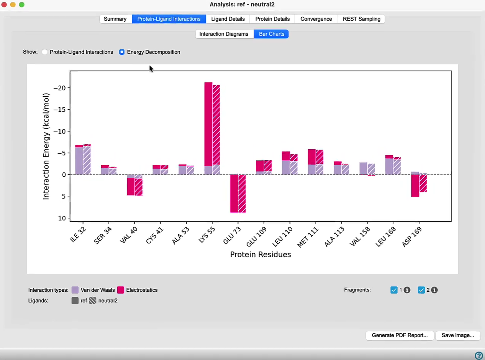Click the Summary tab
click(115, 19)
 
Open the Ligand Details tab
click(228, 19)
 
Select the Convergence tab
click(316, 19)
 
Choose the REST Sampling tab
click(362, 19)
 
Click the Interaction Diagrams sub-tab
click(224, 34)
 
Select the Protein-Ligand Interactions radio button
click(44, 52)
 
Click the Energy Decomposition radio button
click(122, 52)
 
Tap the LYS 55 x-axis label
click(206, 235)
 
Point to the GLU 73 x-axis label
click(232, 235)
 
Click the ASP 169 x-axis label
click(412, 237)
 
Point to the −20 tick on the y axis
click(59, 88)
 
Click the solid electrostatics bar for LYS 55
click(208, 124)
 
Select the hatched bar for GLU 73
click(242, 194)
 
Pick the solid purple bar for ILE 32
click(79, 161)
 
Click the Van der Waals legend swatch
click(75, 290)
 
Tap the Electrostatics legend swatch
click(121, 290)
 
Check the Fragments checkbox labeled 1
click(394, 290)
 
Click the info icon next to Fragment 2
click(434, 290)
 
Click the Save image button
click(458, 335)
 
